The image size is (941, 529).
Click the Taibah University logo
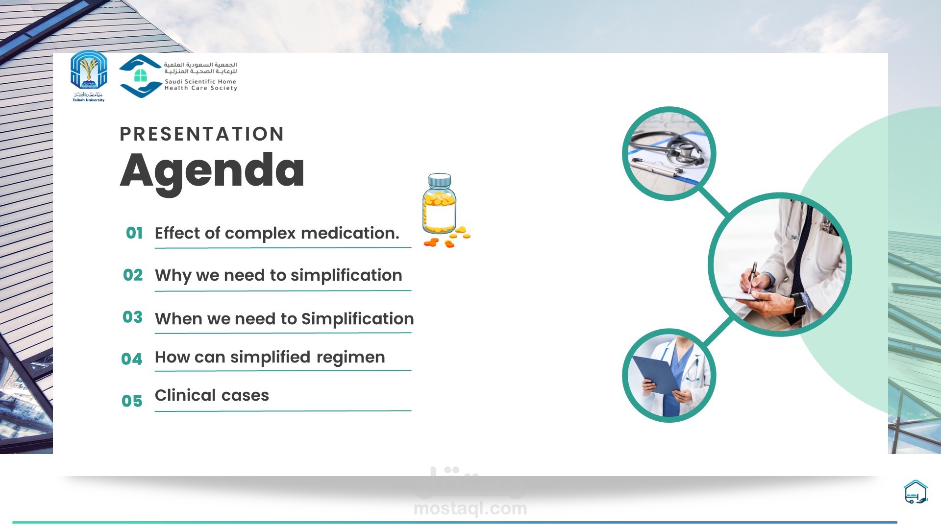pyautogui.click(x=89, y=76)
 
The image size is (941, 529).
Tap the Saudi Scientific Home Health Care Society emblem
pyautogui.click(x=141, y=76)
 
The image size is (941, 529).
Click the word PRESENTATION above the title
pyautogui.click(x=202, y=134)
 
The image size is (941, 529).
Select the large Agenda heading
pyautogui.click(x=212, y=171)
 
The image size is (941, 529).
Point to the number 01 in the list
pyautogui.click(x=134, y=233)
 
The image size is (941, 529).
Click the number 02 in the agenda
pyautogui.click(x=133, y=275)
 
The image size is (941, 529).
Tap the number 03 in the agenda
pyautogui.click(x=132, y=317)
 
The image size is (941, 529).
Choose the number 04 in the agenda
pyautogui.click(x=132, y=359)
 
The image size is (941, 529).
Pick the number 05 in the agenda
pyautogui.click(x=132, y=401)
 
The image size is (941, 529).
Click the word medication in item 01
pyautogui.click(x=350, y=233)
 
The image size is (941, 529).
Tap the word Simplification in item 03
pyautogui.click(x=357, y=319)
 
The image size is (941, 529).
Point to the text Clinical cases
pyautogui.click(x=212, y=395)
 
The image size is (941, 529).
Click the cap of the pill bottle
pyautogui.click(x=440, y=180)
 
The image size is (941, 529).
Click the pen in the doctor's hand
pyautogui.click(x=752, y=277)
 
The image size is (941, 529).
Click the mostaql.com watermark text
pyautogui.click(x=470, y=508)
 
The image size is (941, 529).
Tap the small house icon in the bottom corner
pyautogui.click(x=916, y=492)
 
